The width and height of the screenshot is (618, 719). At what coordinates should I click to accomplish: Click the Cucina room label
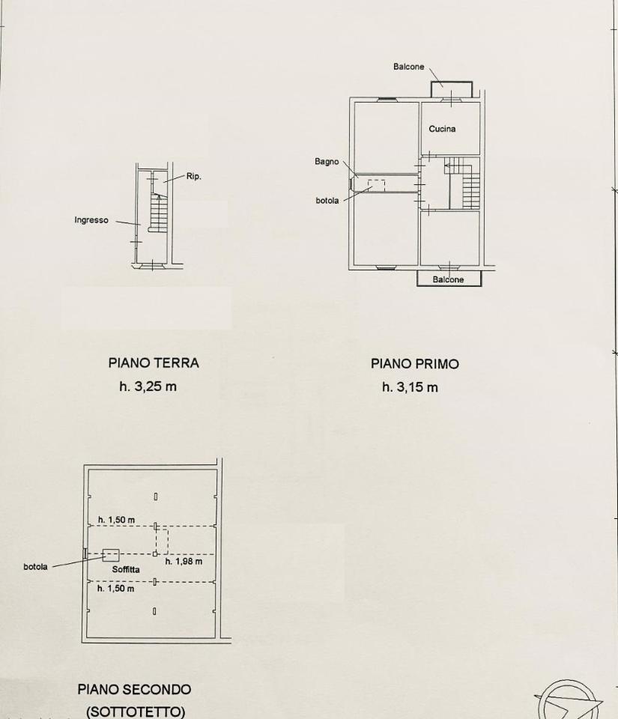(442, 129)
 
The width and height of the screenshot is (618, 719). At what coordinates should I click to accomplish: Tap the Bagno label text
(327, 162)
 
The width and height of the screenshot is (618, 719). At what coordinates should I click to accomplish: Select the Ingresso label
(91, 220)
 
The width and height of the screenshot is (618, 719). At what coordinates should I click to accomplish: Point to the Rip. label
(193, 177)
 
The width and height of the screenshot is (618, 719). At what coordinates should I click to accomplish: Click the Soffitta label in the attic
(126, 569)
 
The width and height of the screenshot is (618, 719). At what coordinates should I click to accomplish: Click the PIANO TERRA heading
(154, 363)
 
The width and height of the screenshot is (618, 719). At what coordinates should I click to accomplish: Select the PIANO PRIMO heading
(415, 364)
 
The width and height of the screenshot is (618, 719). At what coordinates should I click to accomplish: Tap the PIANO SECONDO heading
(134, 690)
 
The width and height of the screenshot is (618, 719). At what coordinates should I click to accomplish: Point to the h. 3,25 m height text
(148, 386)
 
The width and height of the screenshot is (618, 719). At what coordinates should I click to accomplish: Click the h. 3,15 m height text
(410, 387)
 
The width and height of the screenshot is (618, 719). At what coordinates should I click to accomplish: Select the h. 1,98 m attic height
(184, 561)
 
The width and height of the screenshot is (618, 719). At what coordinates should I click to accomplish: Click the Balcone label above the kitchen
(408, 67)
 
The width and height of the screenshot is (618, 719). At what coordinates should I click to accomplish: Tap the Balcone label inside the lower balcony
(448, 279)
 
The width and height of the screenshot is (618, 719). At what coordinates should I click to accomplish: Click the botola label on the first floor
(327, 201)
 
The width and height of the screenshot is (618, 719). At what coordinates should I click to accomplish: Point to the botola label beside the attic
(35, 567)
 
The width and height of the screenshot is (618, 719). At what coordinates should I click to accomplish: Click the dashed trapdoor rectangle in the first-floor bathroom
(376, 185)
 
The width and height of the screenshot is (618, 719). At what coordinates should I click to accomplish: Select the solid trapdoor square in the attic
(110, 555)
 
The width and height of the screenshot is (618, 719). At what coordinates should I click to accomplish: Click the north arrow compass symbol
(568, 703)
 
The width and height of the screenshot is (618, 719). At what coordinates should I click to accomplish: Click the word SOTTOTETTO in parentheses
(136, 712)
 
